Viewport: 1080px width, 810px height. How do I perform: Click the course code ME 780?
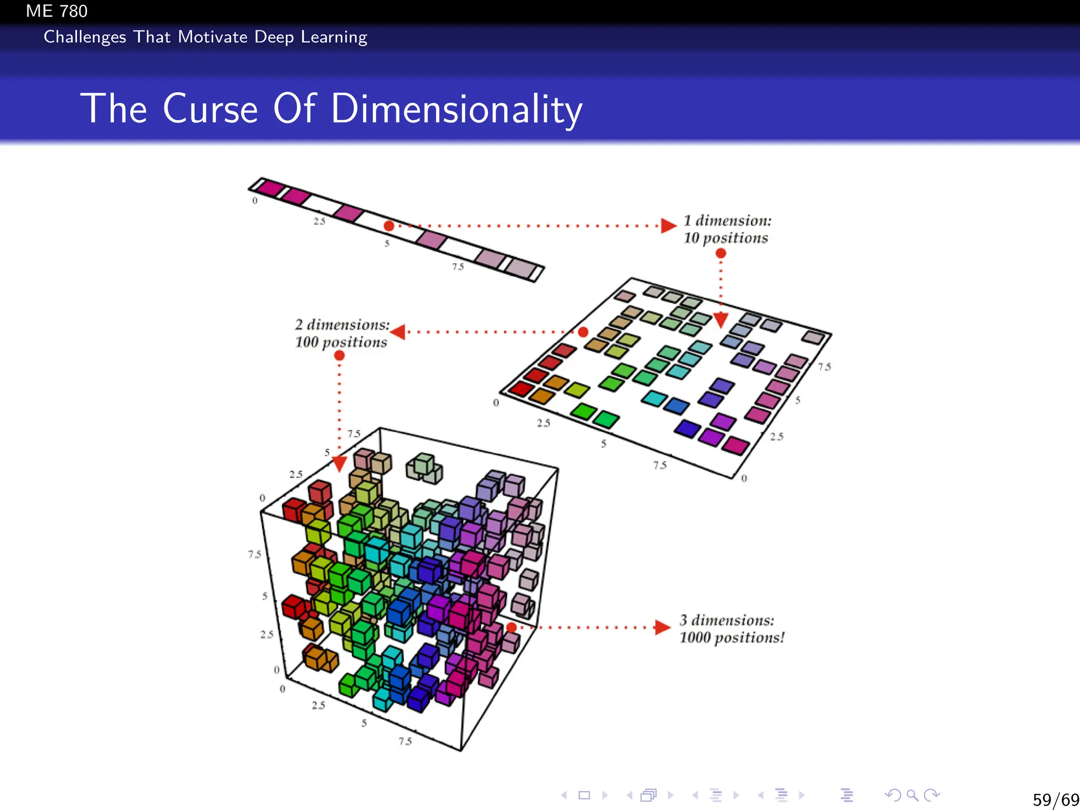click(56, 11)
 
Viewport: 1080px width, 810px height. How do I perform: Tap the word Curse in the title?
click(210, 109)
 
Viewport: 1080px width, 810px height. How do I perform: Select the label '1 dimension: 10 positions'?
click(727, 229)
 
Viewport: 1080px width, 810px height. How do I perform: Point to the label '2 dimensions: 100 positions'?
click(342, 333)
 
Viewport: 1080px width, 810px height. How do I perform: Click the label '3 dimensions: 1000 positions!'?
click(731, 629)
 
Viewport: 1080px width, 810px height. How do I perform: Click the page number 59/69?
click(1055, 799)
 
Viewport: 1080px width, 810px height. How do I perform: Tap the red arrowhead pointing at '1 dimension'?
click(668, 226)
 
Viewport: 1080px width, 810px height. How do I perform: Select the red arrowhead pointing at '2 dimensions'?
click(398, 332)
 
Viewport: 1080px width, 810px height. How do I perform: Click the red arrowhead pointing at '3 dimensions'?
click(662, 628)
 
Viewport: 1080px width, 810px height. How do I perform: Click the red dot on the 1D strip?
click(389, 226)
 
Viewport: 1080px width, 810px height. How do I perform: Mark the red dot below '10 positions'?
click(721, 254)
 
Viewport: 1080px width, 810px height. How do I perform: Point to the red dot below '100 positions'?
click(340, 356)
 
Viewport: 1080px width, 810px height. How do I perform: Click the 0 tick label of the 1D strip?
click(255, 201)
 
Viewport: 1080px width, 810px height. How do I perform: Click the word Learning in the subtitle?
click(334, 37)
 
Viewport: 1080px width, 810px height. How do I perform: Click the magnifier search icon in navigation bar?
click(912, 795)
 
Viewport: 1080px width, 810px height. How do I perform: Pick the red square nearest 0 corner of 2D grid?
click(522, 389)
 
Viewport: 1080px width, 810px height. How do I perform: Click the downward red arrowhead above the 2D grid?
click(721, 320)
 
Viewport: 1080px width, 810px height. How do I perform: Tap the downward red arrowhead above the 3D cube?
click(340, 464)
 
